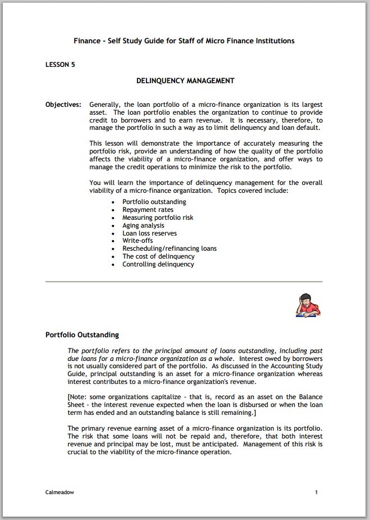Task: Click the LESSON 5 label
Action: coord(60,65)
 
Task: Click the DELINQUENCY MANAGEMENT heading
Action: coord(185,81)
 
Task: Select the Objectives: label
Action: coord(63,105)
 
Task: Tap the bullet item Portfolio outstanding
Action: coord(154,202)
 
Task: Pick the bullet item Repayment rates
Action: coord(148,210)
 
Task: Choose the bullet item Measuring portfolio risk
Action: coord(158,218)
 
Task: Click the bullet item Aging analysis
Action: coord(143,225)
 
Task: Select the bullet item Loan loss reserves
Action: coord(149,233)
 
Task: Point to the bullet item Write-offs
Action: coord(138,241)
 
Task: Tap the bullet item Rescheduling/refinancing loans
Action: coord(169,248)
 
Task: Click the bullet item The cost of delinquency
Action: coord(158,256)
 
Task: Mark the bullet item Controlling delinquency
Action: coord(158,264)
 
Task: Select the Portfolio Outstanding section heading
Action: coord(82,335)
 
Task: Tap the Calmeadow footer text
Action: coord(60,492)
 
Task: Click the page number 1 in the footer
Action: coord(316,492)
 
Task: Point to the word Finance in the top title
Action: coord(87,41)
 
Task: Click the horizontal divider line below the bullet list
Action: coord(184,281)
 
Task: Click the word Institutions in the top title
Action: coord(275,41)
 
